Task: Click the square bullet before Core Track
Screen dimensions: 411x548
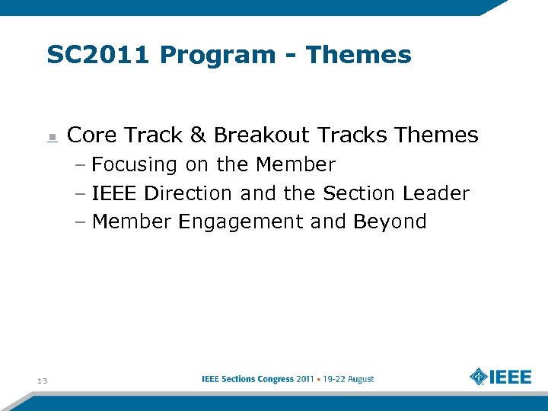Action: pos(52,137)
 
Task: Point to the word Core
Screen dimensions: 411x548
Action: pos(92,135)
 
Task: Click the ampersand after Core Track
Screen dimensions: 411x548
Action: pos(198,135)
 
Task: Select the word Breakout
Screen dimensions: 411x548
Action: pos(262,135)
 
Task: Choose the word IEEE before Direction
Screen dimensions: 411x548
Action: pos(115,193)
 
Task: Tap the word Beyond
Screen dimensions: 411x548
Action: pos(390,222)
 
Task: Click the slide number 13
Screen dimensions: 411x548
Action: pos(42,381)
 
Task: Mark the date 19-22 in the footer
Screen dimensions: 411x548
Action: pos(334,379)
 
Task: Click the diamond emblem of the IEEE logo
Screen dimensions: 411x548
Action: pos(479,378)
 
